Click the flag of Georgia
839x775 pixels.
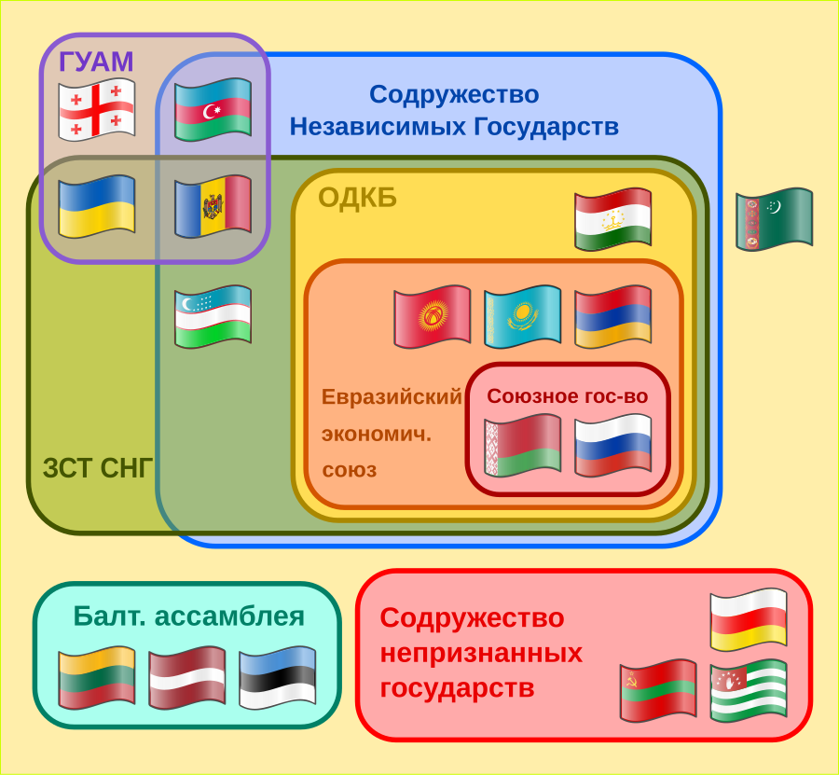pos(96,110)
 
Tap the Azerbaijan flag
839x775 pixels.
pos(213,110)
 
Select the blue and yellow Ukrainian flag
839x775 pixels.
pos(96,207)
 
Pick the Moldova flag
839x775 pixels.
pos(213,207)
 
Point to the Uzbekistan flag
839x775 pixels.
pos(213,317)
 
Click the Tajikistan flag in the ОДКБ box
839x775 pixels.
pos(612,219)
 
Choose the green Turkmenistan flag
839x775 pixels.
pos(775,219)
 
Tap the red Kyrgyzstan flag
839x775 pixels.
pos(433,317)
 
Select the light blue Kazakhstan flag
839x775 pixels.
pos(523,317)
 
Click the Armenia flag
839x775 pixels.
pos(612,317)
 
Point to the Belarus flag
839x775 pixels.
pos(523,446)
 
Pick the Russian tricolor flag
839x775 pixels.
pos(612,446)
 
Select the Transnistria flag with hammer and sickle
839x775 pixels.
pos(658,691)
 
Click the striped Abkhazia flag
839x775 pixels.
pos(749,691)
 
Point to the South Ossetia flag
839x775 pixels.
pos(749,620)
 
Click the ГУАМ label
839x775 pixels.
pos(96,62)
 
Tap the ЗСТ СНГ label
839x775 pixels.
pos(98,468)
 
